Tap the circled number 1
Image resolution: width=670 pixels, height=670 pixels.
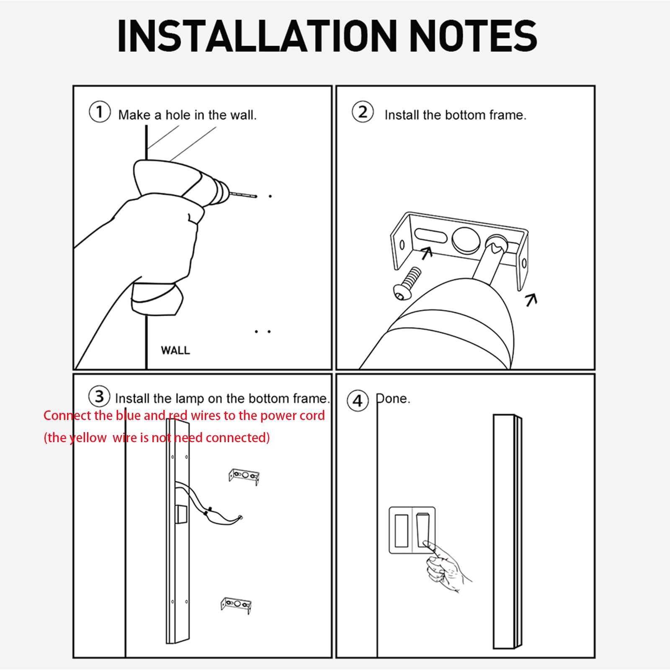coord(100,112)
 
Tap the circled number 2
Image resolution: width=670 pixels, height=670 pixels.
coord(363,112)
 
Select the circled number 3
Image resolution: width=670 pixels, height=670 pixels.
coord(99,396)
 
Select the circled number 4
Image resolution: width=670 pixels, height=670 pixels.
coord(358,401)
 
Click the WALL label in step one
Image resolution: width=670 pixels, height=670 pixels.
coord(175,350)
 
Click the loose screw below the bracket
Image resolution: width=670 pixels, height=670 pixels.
coord(407,283)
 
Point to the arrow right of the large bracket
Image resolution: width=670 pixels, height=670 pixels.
coord(531,299)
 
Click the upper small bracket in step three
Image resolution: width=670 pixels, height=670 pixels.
coord(244,477)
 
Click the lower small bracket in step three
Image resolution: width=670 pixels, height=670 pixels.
coord(236,605)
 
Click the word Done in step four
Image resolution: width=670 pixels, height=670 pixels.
coord(393,399)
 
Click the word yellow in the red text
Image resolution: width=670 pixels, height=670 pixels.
coord(88,438)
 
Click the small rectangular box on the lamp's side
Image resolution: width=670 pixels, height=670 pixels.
coord(181,514)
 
